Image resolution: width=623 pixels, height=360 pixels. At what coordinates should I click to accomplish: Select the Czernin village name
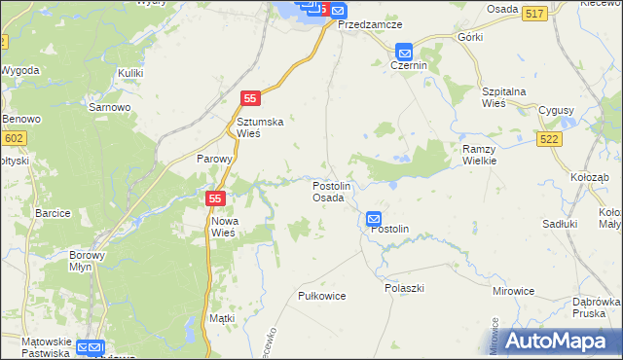409,65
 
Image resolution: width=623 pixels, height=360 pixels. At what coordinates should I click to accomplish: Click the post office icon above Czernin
404,52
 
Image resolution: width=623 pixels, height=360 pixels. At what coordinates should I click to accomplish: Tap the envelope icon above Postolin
375,220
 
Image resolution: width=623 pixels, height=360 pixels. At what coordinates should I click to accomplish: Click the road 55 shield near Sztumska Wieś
251,98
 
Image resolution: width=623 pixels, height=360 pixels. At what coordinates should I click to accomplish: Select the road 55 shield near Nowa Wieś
216,198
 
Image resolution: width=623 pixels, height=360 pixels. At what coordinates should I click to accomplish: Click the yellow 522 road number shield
548,140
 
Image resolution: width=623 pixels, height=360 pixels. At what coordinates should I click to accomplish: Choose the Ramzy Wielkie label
480,154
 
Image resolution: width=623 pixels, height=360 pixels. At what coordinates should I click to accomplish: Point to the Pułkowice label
321,296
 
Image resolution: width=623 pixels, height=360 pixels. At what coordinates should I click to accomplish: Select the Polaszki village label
404,289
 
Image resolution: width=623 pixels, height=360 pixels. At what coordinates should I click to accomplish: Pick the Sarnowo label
107,107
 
